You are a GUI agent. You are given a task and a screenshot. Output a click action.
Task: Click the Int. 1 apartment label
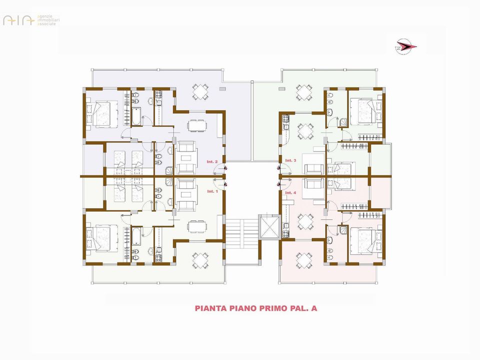212,191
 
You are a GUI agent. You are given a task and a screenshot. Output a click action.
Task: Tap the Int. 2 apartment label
212,161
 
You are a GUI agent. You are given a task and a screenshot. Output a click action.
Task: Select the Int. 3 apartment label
290,160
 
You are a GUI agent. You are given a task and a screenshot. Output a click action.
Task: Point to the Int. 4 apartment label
290,193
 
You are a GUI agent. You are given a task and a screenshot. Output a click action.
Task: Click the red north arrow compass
406,46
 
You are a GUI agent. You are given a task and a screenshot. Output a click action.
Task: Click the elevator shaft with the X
269,227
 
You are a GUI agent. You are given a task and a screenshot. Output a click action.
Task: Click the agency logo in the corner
31,20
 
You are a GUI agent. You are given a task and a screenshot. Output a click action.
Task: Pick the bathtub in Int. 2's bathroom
136,116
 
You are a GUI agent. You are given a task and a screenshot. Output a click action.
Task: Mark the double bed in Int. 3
366,111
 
